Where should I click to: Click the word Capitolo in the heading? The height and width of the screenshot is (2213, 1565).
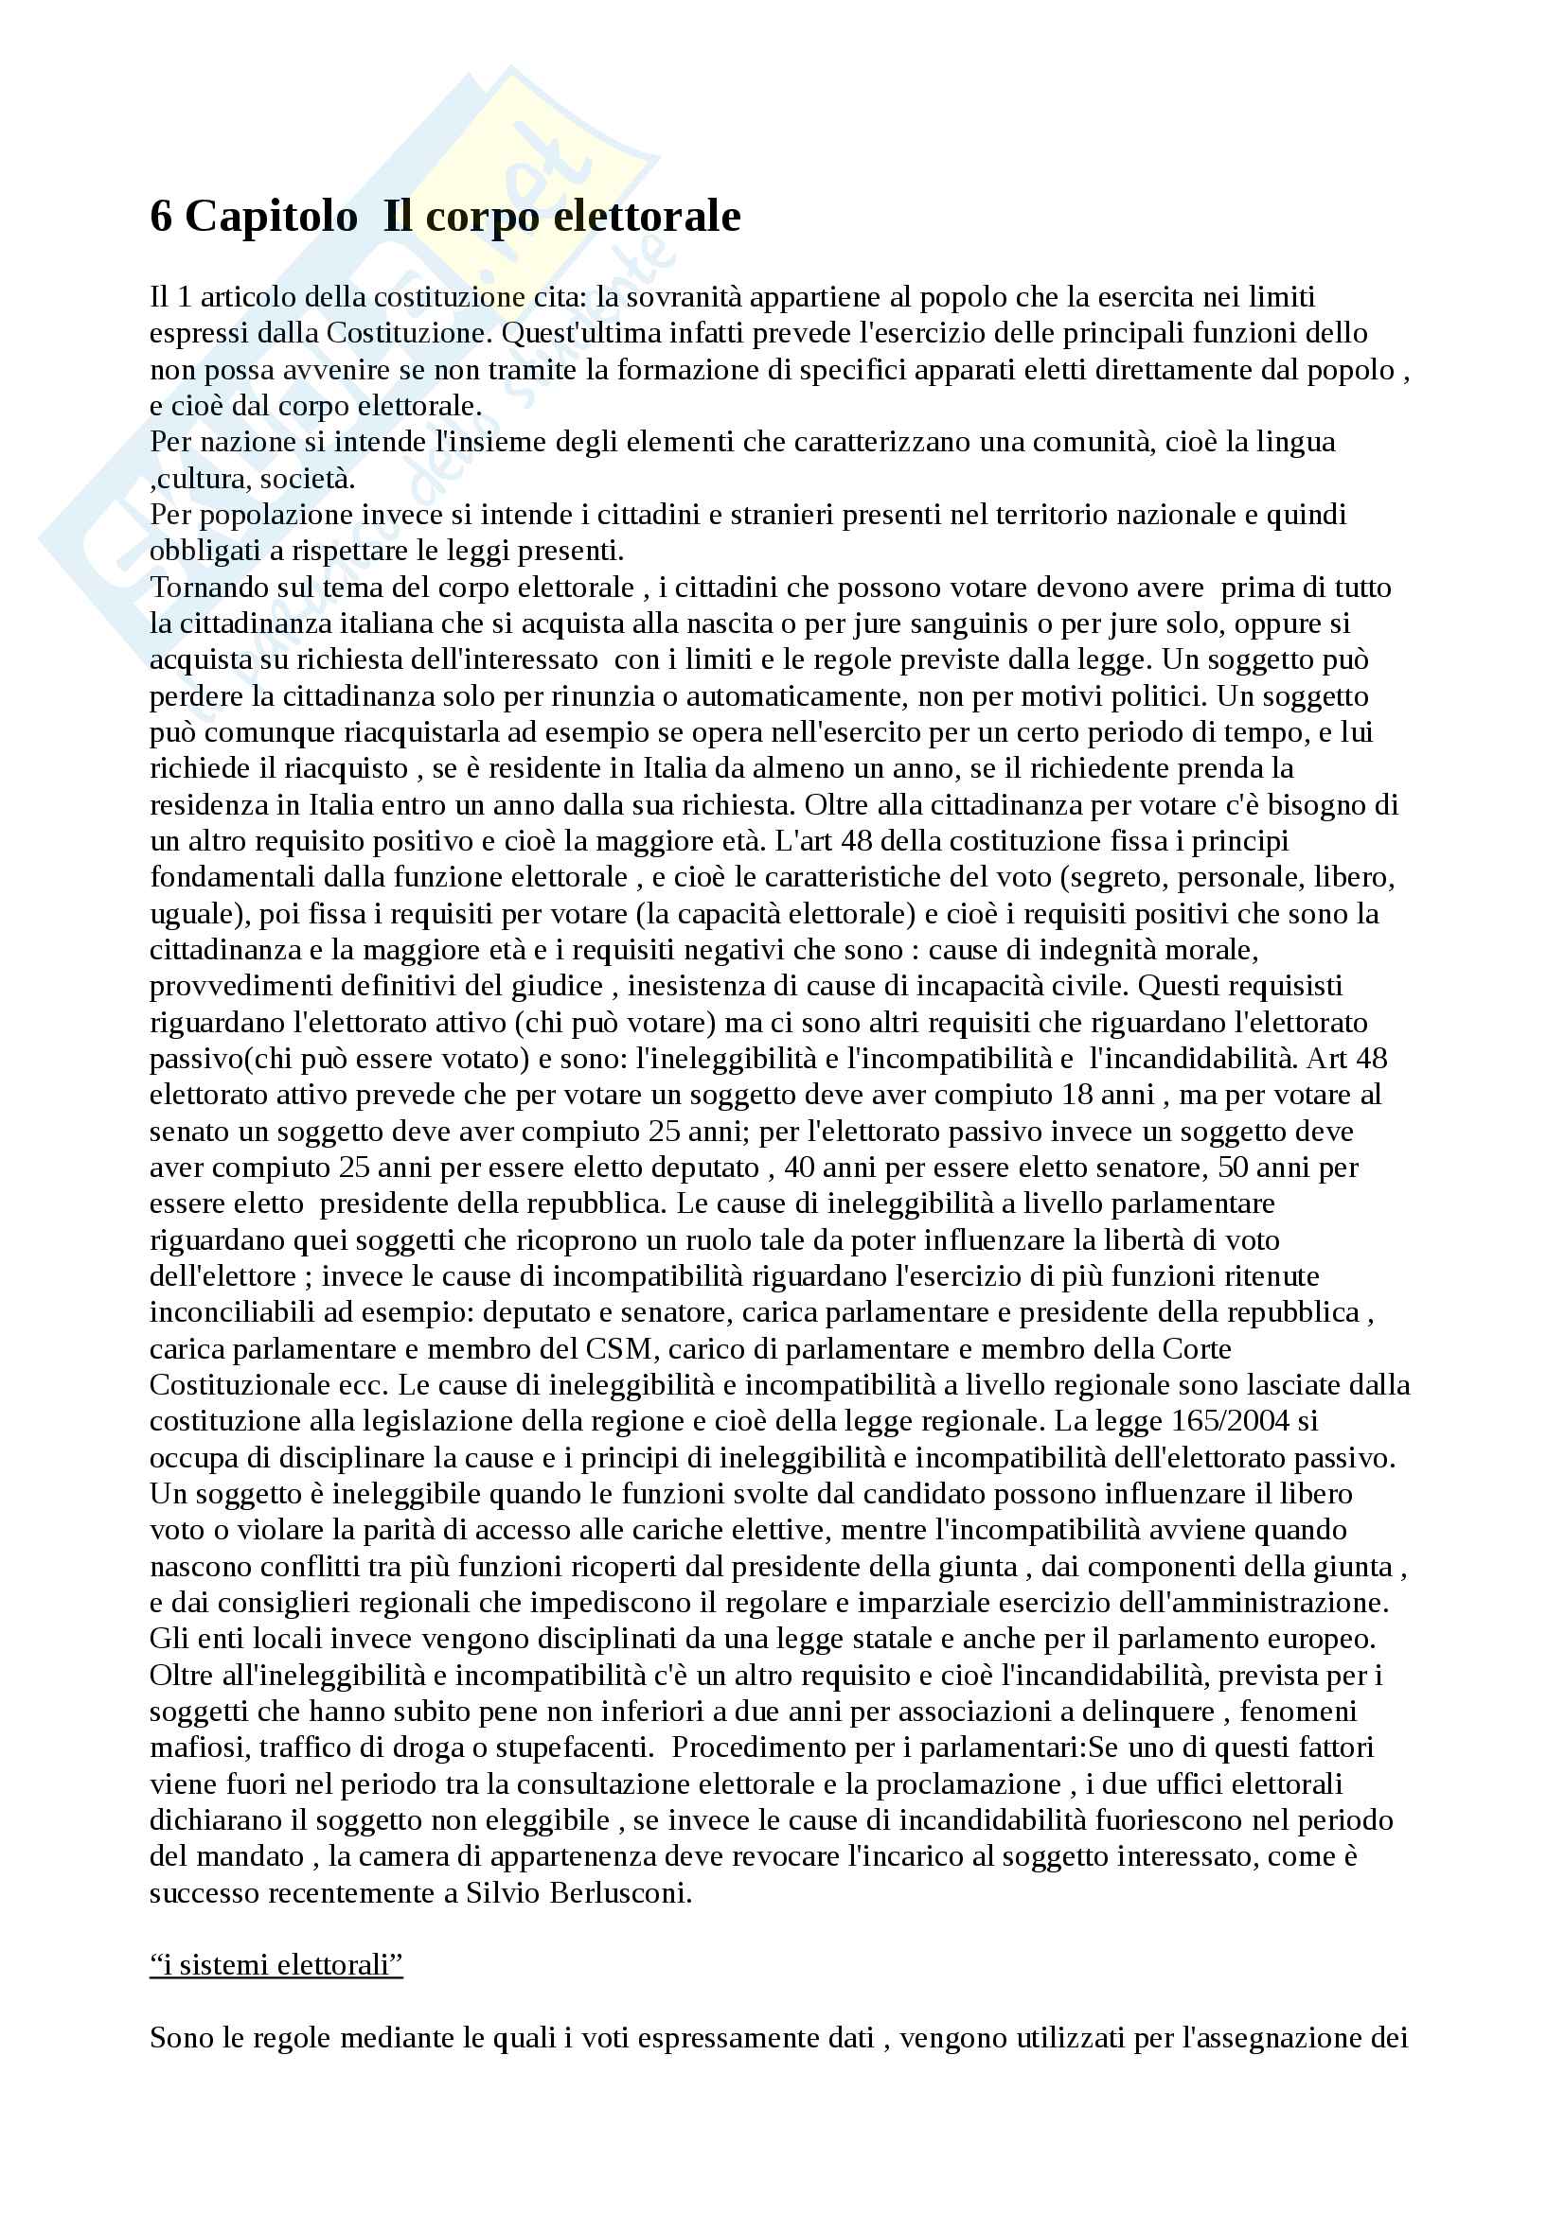pos(271,217)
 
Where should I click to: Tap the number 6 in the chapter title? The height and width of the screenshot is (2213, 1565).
pos(160,217)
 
